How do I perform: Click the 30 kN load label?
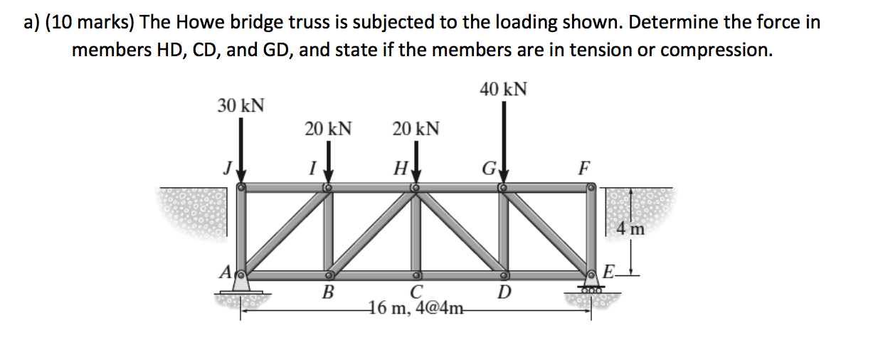pos(240,106)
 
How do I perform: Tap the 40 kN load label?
pos(503,90)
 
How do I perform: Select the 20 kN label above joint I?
pos(328,129)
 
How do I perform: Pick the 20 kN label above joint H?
pos(416,129)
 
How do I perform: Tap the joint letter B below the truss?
pos(328,291)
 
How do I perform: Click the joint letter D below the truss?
pos(503,292)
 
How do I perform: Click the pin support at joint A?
pos(242,283)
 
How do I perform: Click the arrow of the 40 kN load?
pos(503,142)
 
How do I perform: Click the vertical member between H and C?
pos(416,231)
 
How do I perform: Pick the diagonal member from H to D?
pos(459,231)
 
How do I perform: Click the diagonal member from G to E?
pos(547,231)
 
